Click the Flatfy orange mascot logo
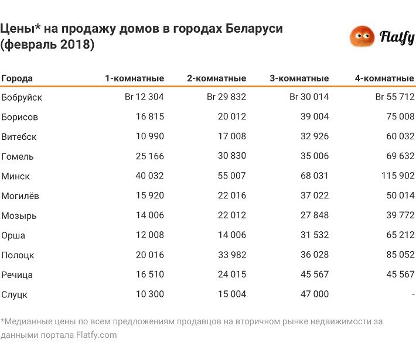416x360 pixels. click(x=362, y=37)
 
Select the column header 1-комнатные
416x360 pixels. click(x=134, y=78)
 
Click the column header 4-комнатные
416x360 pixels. click(x=384, y=78)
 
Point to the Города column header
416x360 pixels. click(x=17, y=78)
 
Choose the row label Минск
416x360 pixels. click(x=16, y=176)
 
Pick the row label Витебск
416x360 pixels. click(x=19, y=137)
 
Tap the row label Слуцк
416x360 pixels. click(x=15, y=294)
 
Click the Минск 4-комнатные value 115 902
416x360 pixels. click(x=395, y=176)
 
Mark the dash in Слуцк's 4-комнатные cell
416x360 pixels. click(x=413, y=294)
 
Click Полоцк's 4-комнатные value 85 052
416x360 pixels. click(x=398, y=255)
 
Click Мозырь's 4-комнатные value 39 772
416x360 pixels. click(x=398, y=215)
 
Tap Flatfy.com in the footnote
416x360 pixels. click(x=97, y=335)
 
